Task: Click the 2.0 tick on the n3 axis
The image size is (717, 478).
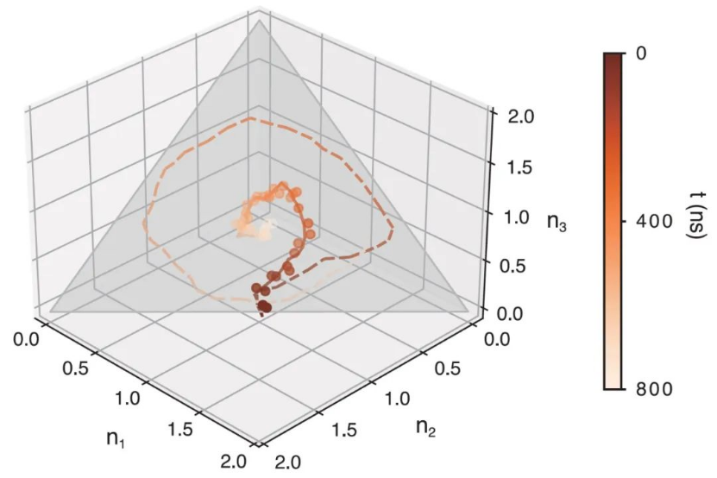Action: (514, 115)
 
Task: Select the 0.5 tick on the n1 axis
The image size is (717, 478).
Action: (76, 371)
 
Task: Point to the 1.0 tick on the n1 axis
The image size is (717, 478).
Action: (127, 400)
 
